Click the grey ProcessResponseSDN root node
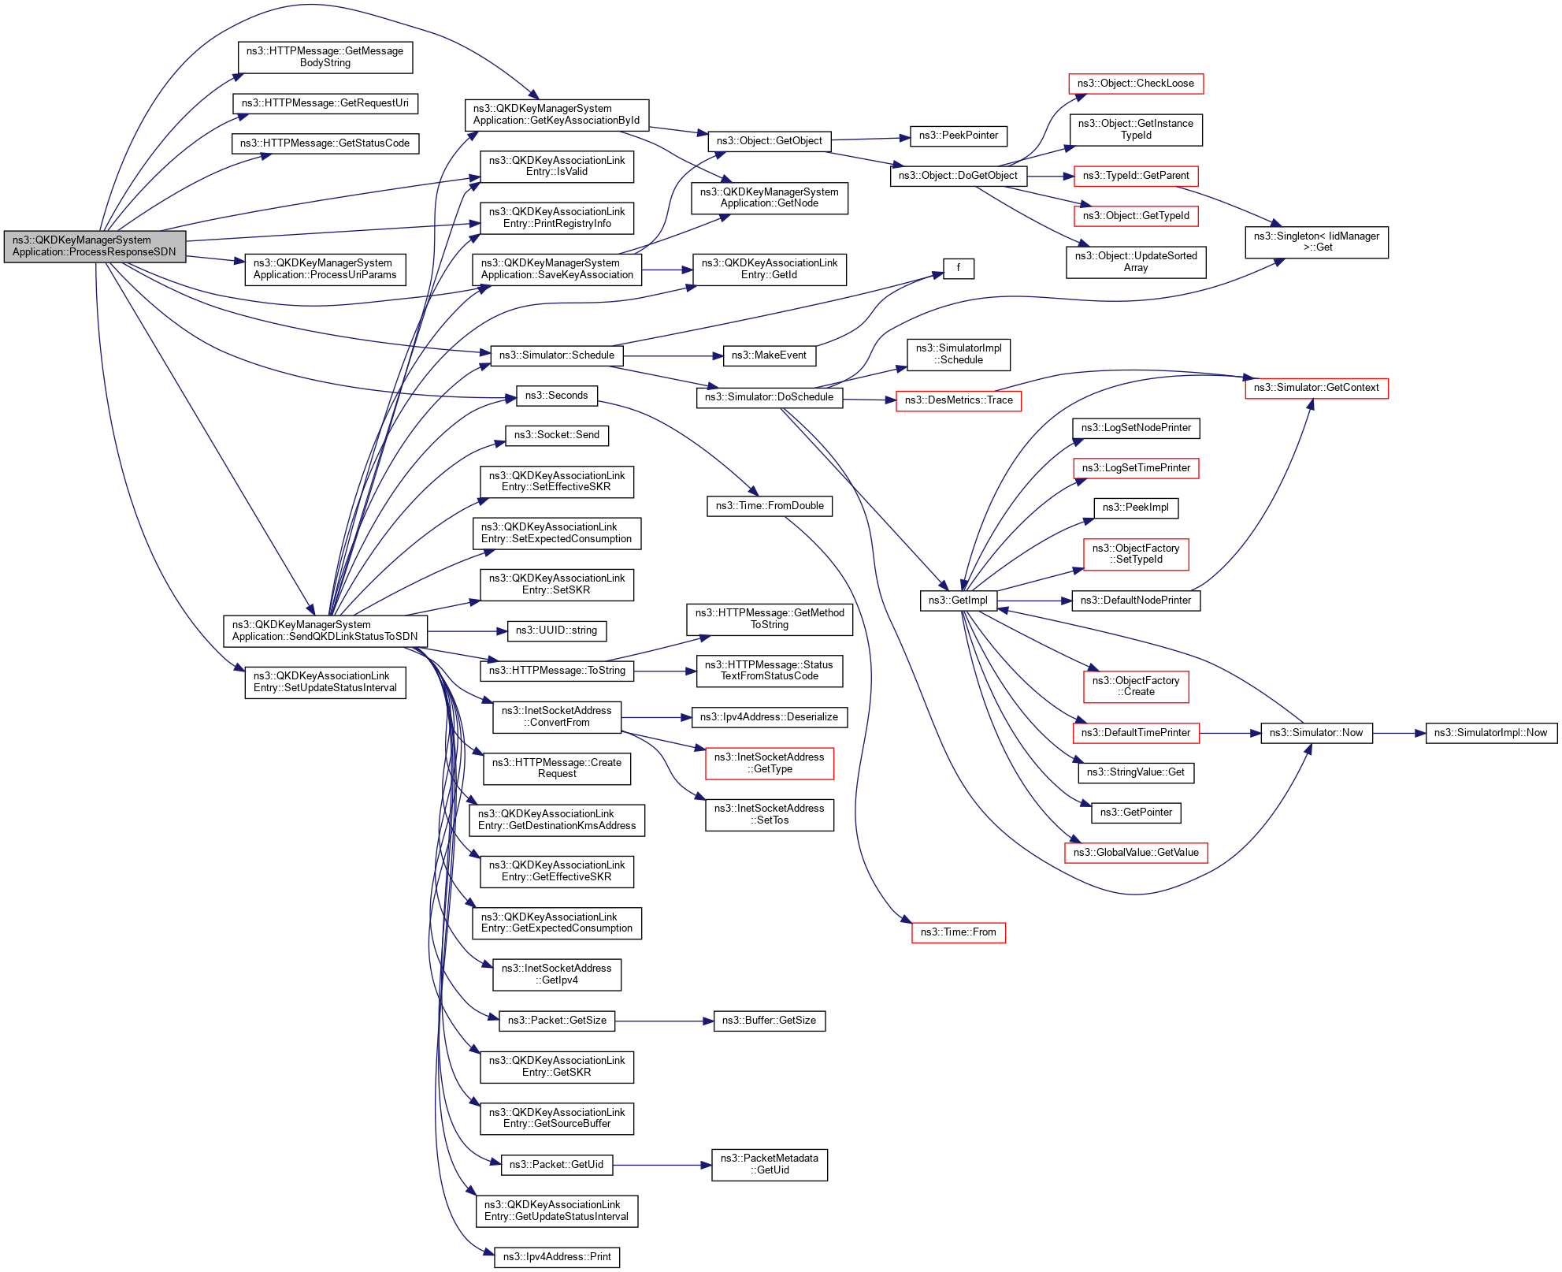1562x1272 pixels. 95,247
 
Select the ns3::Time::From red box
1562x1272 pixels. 958,932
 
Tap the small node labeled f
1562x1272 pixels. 958,269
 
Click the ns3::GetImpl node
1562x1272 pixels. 958,601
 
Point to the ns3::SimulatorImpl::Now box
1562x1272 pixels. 1490,733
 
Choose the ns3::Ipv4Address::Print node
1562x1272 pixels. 557,1257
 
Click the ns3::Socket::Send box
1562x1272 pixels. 556,435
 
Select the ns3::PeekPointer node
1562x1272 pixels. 958,136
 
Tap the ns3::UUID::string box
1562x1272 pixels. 556,630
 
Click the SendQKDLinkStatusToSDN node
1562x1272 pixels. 325,630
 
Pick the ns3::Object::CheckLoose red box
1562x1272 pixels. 1135,84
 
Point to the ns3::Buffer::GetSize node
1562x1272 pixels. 769,1021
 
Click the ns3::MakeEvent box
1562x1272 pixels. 769,355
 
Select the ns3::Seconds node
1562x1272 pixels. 556,396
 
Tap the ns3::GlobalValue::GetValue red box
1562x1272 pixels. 1135,853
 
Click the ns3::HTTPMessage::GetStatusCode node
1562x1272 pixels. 325,143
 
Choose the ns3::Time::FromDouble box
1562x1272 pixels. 769,506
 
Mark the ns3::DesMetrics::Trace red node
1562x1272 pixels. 958,400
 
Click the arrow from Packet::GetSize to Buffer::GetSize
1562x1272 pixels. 663,1021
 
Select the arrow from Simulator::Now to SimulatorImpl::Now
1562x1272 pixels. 1399,733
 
